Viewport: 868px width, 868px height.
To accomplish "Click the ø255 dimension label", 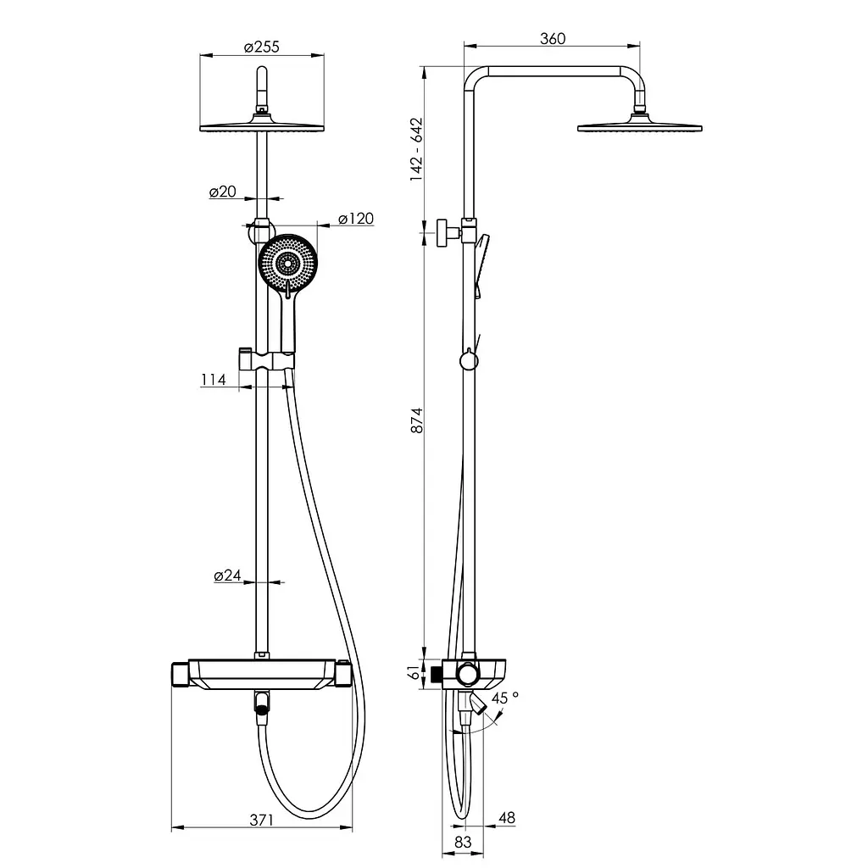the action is coord(262,47).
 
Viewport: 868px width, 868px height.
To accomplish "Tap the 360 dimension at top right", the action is coord(553,39).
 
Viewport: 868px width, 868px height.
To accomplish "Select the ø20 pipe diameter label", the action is coord(223,192).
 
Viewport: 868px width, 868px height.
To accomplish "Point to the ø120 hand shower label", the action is coord(356,219).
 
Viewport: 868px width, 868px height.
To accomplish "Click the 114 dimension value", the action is coord(214,380).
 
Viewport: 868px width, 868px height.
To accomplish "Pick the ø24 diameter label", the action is coord(227,576).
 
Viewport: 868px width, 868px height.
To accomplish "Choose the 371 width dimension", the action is coord(261,820).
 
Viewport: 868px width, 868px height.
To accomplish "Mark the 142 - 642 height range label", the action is coord(416,149).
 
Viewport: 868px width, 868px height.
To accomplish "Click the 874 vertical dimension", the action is coord(416,420).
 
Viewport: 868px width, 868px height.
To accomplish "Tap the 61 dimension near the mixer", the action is coord(414,672).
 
